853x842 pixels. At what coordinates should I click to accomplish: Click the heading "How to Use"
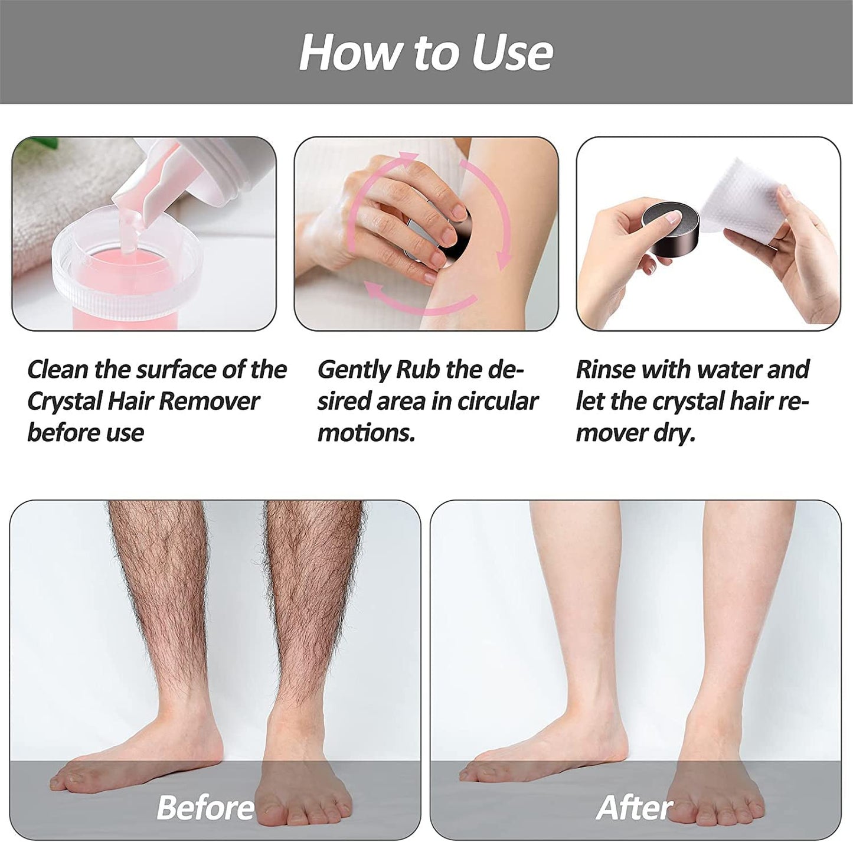click(x=426, y=53)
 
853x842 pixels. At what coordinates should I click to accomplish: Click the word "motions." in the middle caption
click(x=366, y=433)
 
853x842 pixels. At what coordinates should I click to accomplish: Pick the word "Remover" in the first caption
click(x=209, y=402)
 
